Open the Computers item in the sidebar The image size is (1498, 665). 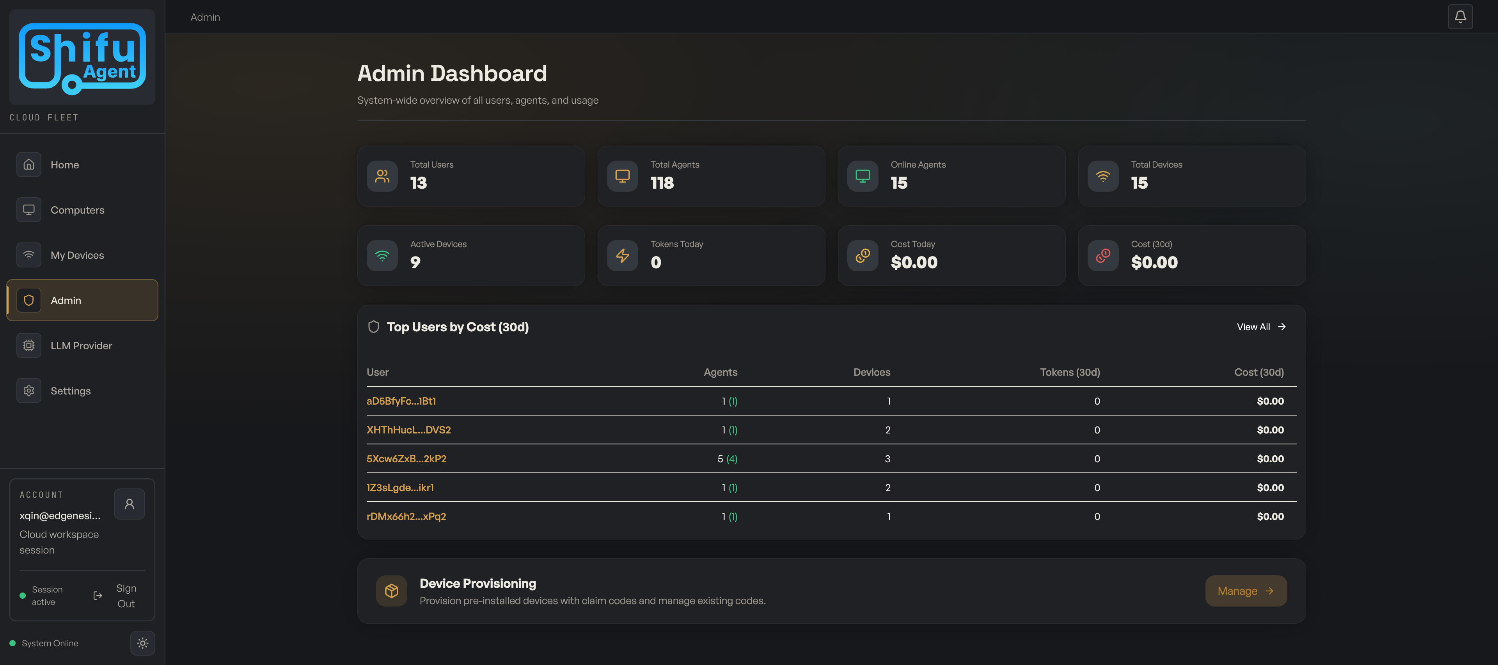tap(77, 210)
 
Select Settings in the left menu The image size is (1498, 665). tap(70, 391)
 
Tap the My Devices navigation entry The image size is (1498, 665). tap(77, 255)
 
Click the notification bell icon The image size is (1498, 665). tap(1460, 17)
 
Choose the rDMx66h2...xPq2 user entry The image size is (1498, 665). tap(406, 516)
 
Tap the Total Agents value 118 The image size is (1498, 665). tap(662, 183)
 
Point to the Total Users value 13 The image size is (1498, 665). tap(418, 183)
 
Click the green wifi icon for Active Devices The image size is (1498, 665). tap(382, 256)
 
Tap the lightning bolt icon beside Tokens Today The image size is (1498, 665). tap(622, 256)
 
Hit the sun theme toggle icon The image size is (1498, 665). tap(142, 643)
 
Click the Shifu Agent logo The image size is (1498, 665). tap(82, 57)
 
